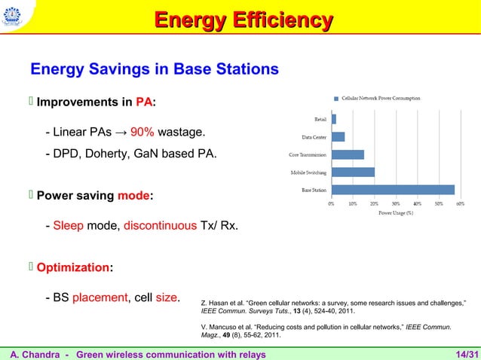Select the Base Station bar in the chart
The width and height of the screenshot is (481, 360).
[393, 190]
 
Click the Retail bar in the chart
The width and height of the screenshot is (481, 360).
[334, 118]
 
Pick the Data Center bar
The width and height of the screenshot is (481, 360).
[338, 136]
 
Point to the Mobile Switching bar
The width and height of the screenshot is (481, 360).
[353, 172]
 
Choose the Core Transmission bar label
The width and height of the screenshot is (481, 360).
[307, 154]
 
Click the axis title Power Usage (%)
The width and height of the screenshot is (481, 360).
[395, 212]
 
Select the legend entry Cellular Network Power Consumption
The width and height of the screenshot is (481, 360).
[381, 98]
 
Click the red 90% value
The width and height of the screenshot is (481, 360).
[142, 133]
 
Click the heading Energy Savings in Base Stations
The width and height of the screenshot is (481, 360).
[155, 70]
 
